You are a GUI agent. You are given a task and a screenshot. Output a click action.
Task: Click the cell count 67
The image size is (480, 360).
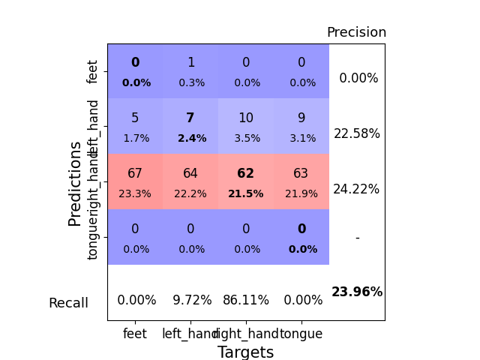tap(135, 174)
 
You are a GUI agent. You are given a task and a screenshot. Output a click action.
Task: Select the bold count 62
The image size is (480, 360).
tap(246, 174)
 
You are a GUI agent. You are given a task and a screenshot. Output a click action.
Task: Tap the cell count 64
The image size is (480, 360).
tap(190, 174)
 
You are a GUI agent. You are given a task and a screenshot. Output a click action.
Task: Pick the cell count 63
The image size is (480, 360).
tap(301, 174)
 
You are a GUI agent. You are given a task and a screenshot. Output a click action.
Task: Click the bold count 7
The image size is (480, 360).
tap(190, 118)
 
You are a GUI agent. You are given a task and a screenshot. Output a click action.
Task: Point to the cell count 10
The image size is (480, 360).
tap(246, 118)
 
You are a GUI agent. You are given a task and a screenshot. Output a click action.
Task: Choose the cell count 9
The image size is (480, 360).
tap(301, 118)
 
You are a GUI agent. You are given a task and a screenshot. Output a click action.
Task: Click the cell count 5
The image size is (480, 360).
tap(135, 118)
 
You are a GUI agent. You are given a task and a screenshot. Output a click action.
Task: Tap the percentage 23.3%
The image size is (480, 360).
tap(135, 193)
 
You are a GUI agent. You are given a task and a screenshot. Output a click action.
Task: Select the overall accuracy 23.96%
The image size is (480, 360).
tap(357, 292)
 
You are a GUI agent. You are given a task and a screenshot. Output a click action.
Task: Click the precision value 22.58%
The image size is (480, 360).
tap(357, 133)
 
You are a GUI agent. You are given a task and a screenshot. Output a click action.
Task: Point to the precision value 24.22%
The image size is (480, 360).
tap(357, 189)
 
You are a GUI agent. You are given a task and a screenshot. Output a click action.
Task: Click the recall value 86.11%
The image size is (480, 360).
tap(246, 300)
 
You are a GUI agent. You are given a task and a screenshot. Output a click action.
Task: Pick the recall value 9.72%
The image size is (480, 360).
tap(190, 300)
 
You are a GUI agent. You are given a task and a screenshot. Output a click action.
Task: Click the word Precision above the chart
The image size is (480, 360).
tap(356, 33)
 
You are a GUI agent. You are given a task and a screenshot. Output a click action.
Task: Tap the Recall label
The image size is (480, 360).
tap(68, 304)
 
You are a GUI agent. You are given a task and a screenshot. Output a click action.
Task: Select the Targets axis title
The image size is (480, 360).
tap(245, 352)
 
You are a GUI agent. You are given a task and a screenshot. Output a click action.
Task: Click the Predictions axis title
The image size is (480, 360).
tap(75, 183)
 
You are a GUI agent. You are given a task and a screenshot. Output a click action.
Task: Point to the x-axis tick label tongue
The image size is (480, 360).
tap(301, 334)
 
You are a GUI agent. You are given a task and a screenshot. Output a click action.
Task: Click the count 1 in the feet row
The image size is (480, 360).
tap(190, 63)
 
